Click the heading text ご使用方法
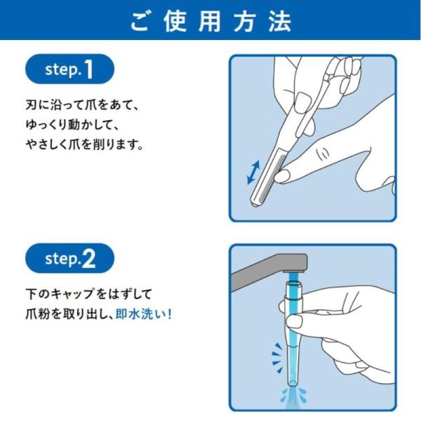click(211, 22)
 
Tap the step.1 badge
click(69, 69)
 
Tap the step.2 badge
click(69, 258)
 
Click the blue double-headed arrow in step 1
click(253, 173)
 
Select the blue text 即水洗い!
click(143, 314)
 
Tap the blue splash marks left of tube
click(278, 358)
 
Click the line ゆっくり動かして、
click(72, 126)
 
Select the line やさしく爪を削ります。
click(85, 145)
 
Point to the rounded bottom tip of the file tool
click(254, 203)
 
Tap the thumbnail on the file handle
click(303, 102)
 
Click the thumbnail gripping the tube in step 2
click(294, 321)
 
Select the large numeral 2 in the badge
click(88, 258)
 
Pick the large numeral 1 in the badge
click(88, 69)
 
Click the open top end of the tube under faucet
click(294, 283)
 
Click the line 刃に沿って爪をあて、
click(82, 105)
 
